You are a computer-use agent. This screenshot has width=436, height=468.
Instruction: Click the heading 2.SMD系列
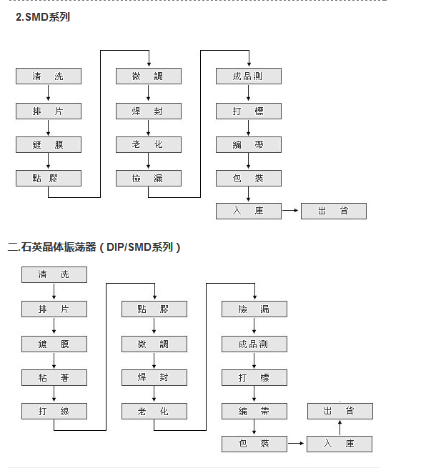[x=43, y=17]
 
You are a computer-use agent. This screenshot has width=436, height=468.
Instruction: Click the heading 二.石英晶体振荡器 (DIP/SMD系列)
[x=94, y=247]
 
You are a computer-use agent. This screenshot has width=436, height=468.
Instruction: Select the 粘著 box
[x=54, y=377]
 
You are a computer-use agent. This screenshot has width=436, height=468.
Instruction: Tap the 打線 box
[x=54, y=412]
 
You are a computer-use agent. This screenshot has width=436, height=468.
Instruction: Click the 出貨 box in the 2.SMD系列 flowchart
[x=334, y=211]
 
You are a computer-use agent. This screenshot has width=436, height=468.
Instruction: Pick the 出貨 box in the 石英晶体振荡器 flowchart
[x=340, y=411]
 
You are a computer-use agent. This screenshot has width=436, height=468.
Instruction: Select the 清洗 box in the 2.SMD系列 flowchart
[x=49, y=76]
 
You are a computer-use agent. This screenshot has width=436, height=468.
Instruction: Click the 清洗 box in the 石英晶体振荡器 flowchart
[x=54, y=274]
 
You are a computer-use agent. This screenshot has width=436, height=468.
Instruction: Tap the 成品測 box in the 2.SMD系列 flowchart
[x=249, y=76]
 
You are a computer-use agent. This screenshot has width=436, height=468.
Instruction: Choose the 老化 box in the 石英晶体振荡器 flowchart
[x=154, y=412]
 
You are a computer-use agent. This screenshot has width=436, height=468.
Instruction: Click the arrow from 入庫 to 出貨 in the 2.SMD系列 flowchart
[x=290, y=210]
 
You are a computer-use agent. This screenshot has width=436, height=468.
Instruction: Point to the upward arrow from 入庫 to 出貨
[x=340, y=427]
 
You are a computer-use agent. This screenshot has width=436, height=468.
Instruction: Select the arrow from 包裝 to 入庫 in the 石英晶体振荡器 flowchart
[x=296, y=443]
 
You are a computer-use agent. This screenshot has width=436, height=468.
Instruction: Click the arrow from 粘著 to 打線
[x=54, y=394]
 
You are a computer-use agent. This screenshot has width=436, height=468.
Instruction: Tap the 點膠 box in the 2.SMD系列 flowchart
[x=49, y=179]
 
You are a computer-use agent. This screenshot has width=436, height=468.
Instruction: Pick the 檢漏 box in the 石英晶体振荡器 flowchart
[x=254, y=309]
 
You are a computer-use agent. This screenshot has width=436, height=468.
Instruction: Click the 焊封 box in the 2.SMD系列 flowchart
[x=149, y=111]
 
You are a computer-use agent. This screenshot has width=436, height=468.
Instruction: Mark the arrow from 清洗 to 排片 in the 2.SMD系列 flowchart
[x=49, y=93]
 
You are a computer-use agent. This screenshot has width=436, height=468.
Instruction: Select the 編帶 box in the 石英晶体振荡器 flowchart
[x=254, y=412]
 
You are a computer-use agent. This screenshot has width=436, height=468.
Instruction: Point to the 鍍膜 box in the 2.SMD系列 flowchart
[x=49, y=145]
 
